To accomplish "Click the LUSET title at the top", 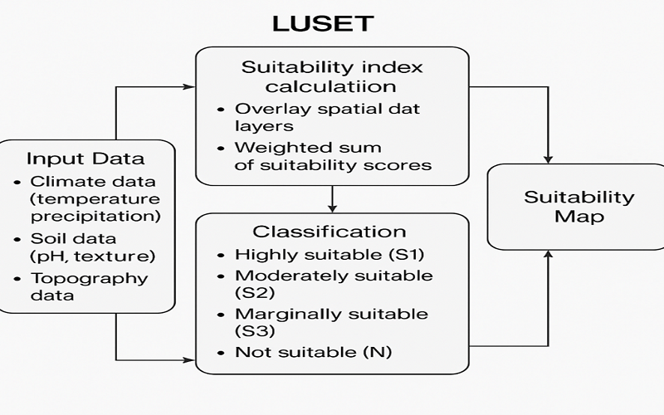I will (x=323, y=24).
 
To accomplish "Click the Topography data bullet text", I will (x=89, y=286).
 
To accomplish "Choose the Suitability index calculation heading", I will (x=332, y=76).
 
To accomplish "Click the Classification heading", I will (x=330, y=232).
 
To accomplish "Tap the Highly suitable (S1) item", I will (x=323, y=255).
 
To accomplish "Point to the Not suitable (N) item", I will (x=313, y=352).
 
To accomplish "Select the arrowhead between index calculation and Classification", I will (x=332, y=207).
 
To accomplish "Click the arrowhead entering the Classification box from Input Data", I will (x=188, y=359).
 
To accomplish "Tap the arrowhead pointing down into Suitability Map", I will (x=548, y=158).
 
